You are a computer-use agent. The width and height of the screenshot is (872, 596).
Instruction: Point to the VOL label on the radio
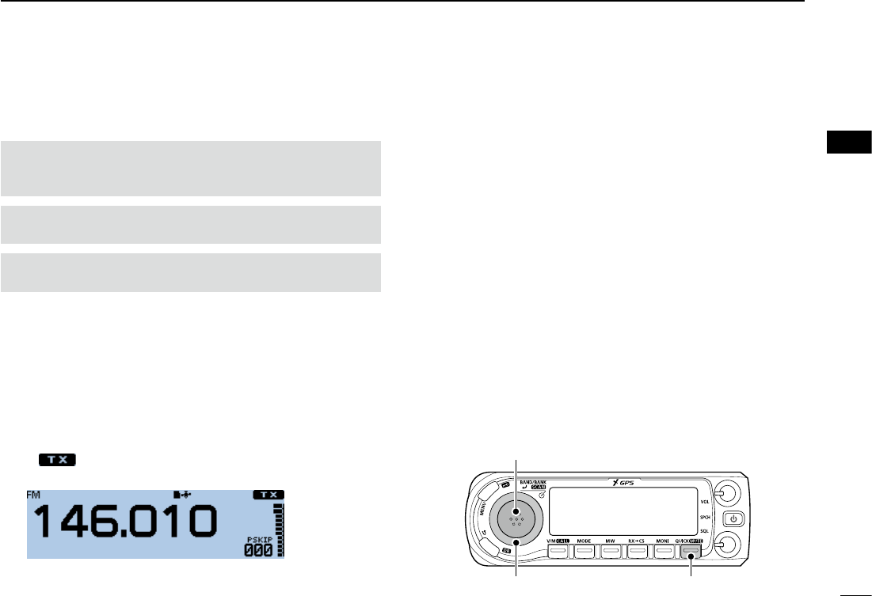[x=703, y=501]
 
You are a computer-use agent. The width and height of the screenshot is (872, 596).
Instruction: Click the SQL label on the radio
[x=703, y=531]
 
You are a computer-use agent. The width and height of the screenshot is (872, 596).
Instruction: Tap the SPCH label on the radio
[x=703, y=516]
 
